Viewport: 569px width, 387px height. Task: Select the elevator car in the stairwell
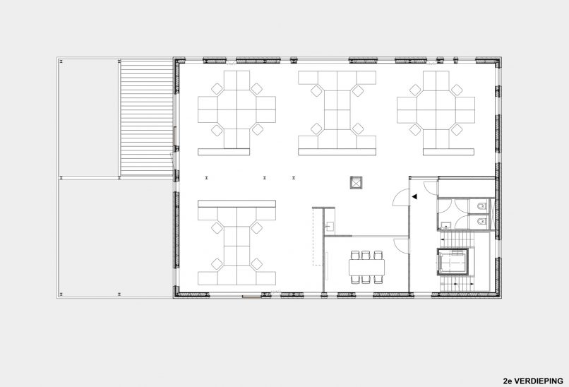point(452,263)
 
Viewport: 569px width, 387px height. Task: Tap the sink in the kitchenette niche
point(330,226)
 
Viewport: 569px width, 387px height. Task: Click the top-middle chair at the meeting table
point(366,254)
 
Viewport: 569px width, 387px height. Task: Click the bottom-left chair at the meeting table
point(354,279)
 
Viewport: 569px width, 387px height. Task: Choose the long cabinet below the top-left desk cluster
point(225,152)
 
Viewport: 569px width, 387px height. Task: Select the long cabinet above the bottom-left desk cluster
point(236,203)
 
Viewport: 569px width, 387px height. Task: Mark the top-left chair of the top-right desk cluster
point(414,88)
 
